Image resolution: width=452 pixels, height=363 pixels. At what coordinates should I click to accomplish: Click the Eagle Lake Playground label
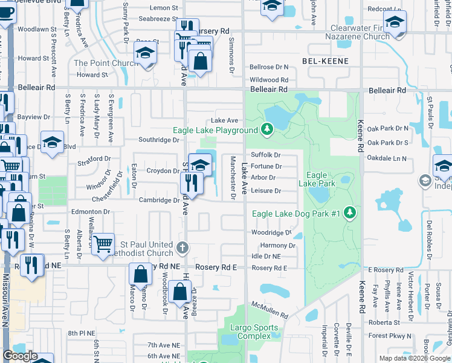pyautogui.click(x=215, y=130)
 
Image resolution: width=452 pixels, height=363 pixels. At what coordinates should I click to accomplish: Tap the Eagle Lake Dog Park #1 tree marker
pyautogui.click(x=349, y=213)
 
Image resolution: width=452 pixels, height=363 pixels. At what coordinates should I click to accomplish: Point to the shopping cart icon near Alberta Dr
pyautogui.click(x=104, y=244)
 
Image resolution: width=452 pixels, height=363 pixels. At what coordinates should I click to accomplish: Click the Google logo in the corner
pyautogui.click(x=21, y=356)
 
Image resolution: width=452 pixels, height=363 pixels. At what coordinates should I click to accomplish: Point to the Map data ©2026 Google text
pyautogui.click(x=415, y=358)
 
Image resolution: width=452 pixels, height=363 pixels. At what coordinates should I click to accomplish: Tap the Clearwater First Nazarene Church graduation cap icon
pyautogui.click(x=395, y=22)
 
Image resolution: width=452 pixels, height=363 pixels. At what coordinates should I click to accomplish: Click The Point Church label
pyautogui.click(x=106, y=63)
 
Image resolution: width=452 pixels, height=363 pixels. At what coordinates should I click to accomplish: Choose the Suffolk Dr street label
pyautogui.click(x=266, y=155)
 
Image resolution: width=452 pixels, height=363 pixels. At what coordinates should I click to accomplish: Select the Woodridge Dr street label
pyautogui.click(x=271, y=233)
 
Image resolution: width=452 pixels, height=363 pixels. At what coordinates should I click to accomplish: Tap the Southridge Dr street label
pyautogui.click(x=159, y=140)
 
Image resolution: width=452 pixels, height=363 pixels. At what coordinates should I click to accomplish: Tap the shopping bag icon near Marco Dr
pyautogui.click(x=140, y=273)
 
